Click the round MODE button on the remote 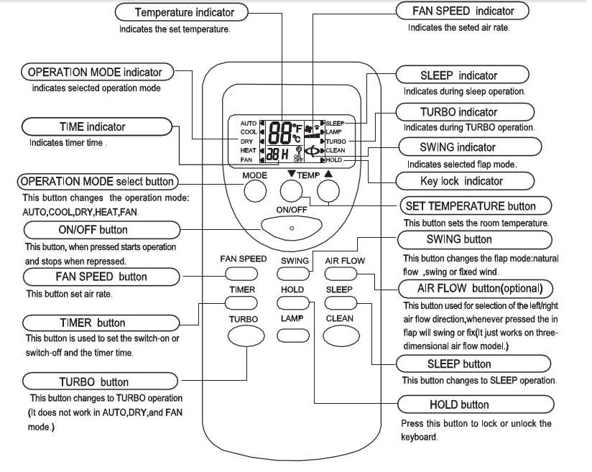pyautogui.click(x=254, y=191)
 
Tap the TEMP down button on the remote pyautogui.click(x=290, y=190)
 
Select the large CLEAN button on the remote pyautogui.click(x=338, y=335)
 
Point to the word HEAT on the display pyautogui.click(x=248, y=150)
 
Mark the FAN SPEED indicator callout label pyautogui.click(x=463, y=11)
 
